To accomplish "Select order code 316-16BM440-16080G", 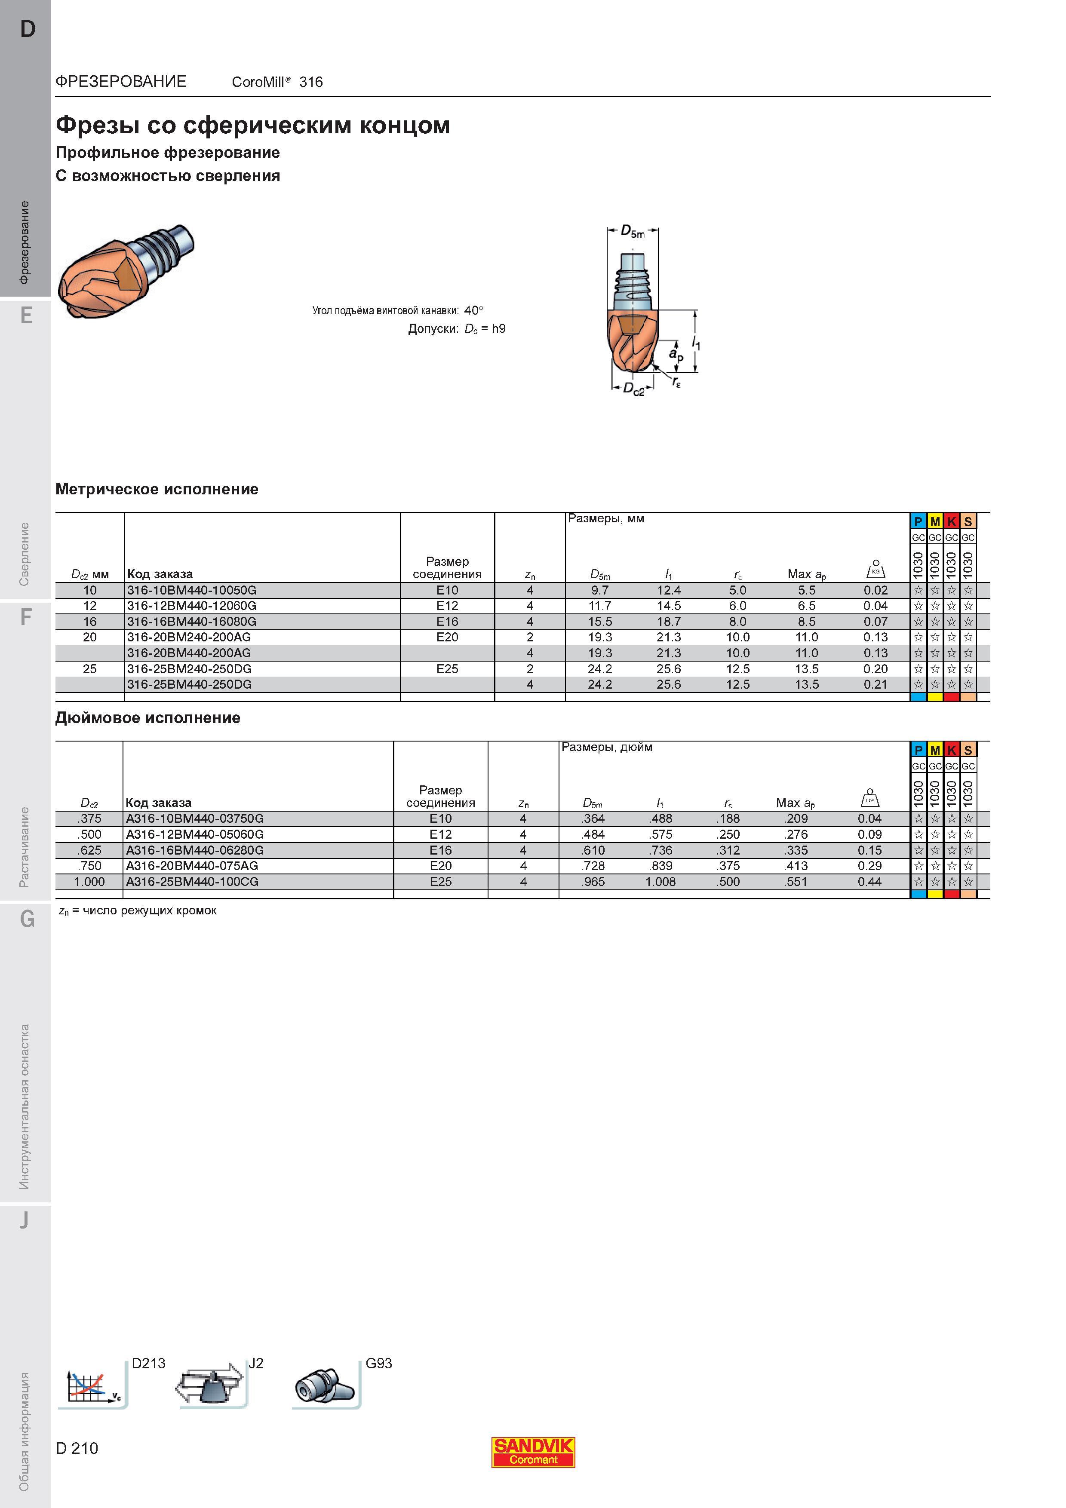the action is [x=192, y=621].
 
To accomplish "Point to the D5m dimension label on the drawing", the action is [x=633, y=232].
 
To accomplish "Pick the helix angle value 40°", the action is [x=473, y=310].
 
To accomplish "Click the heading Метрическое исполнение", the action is [x=157, y=489].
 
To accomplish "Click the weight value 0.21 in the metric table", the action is [x=876, y=684].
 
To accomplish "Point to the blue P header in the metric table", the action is [x=918, y=521].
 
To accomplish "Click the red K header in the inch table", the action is [x=952, y=750].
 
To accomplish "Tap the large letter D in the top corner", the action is [x=28, y=29].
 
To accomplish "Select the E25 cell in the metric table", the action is [x=447, y=668].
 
